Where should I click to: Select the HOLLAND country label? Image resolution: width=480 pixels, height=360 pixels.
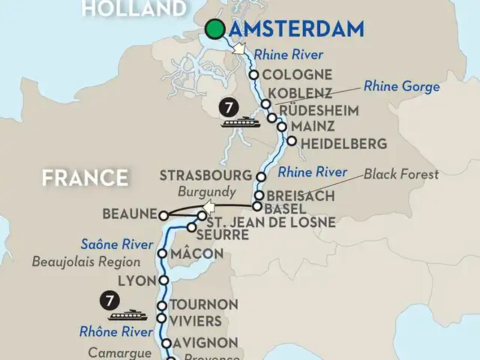[133, 9]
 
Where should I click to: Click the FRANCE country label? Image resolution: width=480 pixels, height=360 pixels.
[84, 178]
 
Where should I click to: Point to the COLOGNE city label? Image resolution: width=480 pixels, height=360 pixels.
[298, 74]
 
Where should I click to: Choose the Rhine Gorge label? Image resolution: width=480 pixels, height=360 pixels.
[402, 87]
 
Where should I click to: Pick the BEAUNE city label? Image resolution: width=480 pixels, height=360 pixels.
[132, 214]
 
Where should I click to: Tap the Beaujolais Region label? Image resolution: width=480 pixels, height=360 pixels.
[86, 262]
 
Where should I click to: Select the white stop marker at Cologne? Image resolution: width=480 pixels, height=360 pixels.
[254, 75]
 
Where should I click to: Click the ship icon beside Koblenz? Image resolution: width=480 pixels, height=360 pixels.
[241, 121]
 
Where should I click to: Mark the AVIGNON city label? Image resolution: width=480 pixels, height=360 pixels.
[204, 343]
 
